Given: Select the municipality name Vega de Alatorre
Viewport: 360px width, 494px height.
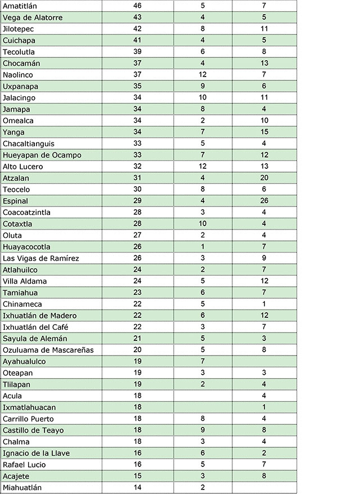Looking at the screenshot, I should point(33,17).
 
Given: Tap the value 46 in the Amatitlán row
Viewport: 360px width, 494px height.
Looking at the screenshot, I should point(138,6).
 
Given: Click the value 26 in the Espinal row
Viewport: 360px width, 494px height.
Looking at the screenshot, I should point(264,201).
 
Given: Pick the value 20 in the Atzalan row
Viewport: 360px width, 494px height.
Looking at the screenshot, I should point(264,178).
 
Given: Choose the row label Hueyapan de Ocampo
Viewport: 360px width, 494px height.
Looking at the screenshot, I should point(42,155).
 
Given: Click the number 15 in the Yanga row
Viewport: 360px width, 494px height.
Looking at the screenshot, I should point(264,132).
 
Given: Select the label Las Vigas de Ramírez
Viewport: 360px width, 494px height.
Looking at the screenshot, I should point(41,258).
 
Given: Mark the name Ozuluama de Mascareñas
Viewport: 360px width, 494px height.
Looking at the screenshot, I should point(48,350).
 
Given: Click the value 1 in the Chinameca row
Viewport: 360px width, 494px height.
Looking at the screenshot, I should point(264,304).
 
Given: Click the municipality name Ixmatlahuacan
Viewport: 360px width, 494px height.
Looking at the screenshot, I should point(29,407).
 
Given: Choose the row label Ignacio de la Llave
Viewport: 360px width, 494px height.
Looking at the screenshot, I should point(35,453).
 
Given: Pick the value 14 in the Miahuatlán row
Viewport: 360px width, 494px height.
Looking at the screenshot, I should point(138,487).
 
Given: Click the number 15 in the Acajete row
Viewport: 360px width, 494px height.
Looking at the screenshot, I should point(138,476).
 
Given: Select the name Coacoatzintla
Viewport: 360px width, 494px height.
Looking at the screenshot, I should point(26,212).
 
